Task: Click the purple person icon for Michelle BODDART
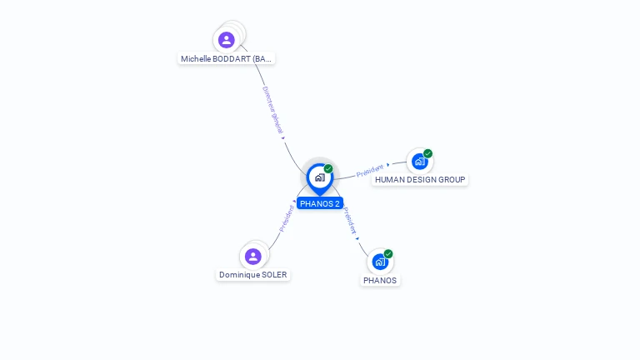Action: coord(227,40)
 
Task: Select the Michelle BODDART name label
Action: coord(227,59)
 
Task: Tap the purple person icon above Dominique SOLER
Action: coord(253,256)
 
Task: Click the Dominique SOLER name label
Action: coord(253,275)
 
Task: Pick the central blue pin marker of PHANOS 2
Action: coord(319,177)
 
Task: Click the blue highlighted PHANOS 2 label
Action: coord(320,203)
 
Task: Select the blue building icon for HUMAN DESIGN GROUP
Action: coord(419,161)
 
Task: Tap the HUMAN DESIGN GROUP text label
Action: coord(420,180)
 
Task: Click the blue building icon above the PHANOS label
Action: coord(380,262)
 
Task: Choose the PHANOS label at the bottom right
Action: coord(380,281)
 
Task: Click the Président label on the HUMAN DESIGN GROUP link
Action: coord(369,171)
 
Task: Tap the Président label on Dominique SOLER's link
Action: coord(287,219)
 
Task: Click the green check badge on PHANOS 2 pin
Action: coord(328,169)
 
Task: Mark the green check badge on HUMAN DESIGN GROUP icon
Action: coord(427,153)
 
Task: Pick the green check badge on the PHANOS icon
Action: coord(388,254)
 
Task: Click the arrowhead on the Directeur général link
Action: coord(283,138)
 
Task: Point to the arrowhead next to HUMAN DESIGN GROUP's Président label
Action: coord(388,165)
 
